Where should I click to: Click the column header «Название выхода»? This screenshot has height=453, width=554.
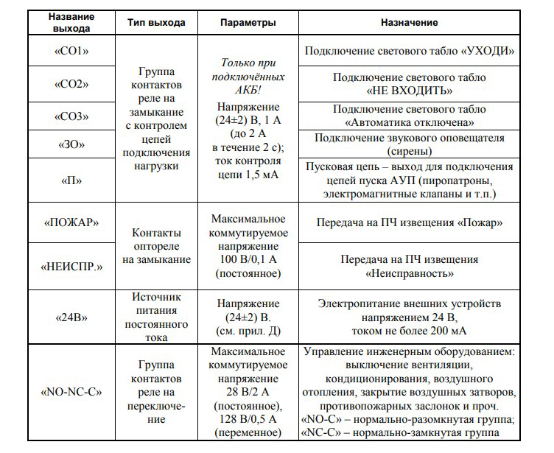(71, 23)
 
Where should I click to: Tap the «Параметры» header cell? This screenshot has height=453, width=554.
(248, 23)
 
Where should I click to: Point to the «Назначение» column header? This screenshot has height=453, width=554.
(409, 23)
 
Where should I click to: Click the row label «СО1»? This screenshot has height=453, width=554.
(71, 52)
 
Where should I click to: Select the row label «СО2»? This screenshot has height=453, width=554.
(71, 85)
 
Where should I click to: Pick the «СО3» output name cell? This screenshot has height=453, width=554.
(71, 116)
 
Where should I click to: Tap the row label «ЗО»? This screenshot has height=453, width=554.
(71, 144)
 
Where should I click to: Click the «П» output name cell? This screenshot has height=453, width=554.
(71, 180)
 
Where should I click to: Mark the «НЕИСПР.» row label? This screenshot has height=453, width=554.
(71, 266)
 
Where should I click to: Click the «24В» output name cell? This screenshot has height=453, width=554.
(71, 317)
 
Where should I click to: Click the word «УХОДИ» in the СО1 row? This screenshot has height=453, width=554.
(487, 52)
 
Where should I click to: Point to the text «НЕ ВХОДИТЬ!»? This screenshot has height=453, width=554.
(409, 91)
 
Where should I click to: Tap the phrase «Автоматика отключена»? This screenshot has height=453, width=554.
(409, 122)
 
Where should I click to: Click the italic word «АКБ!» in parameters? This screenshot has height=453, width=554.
(248, 90)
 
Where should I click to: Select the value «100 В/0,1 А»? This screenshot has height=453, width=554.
(248, 260)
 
